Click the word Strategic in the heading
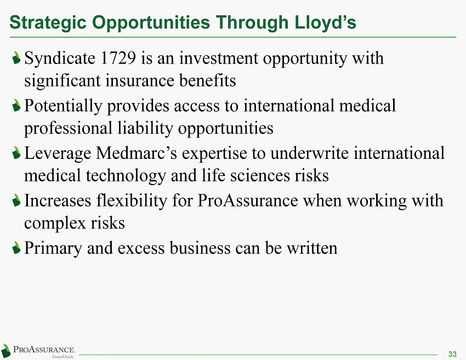click(48, 23)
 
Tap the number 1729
click(118, 58)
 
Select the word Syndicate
click(60, 59)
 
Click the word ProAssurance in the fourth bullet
click(248, 201)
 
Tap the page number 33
click(452, 354)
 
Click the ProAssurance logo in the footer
click(38, 351)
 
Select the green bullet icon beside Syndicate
click(16, 58)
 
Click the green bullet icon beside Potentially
click(16, 106)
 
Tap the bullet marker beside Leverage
click(16, 153)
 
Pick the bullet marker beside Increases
click(16, 201)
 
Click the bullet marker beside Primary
click(16, 248)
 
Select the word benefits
click(207, 81)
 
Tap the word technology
click(126, 176)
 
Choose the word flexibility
click(132, 201)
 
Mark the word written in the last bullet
click(312, 248)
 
